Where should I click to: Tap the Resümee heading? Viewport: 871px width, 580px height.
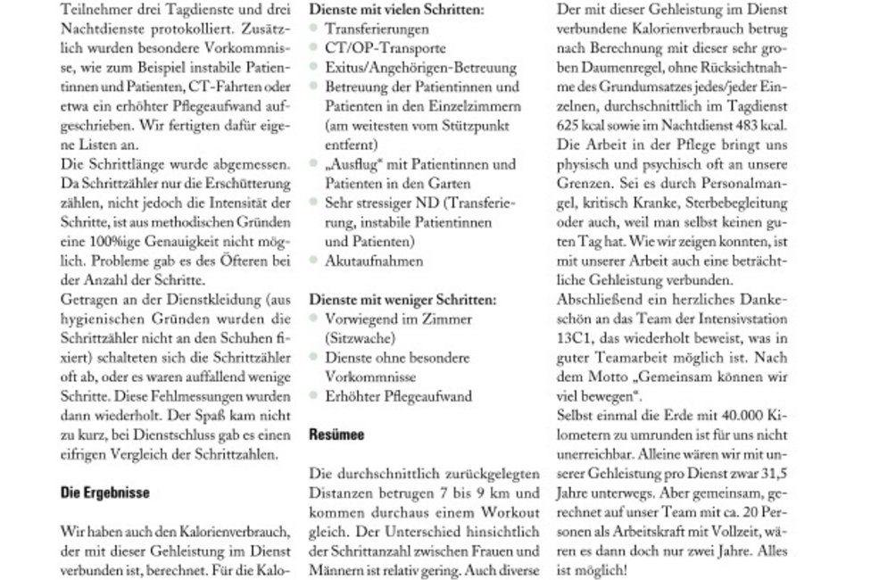pos(337,438)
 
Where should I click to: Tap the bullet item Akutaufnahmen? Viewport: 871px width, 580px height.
pos(361,261)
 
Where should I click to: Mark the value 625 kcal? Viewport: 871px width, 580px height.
pos(583,127)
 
